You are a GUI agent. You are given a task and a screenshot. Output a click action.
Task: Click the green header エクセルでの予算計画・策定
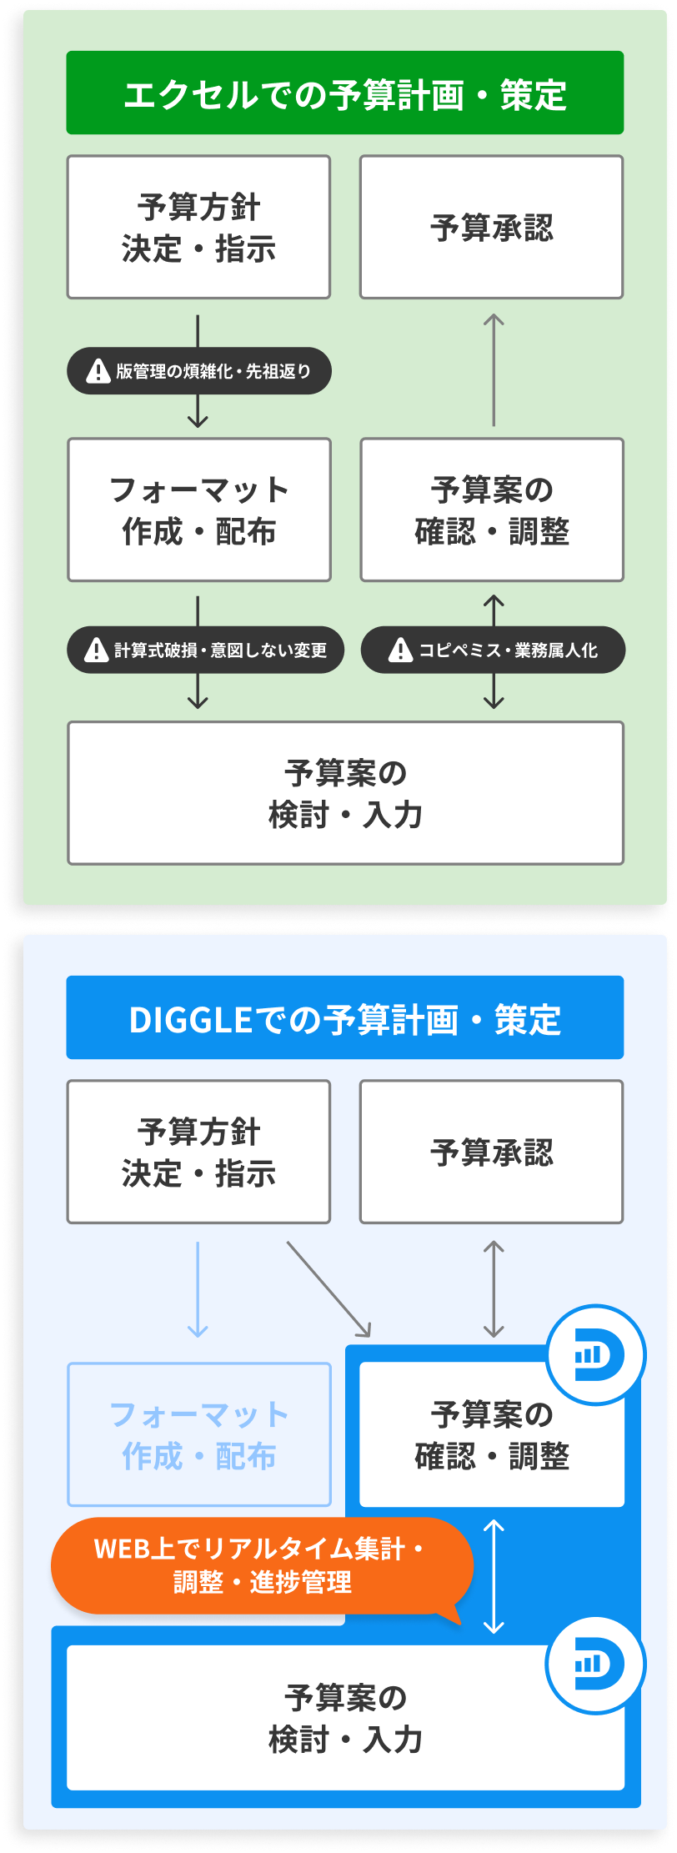(344, 93)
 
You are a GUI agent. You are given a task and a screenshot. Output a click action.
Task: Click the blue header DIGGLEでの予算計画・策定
(344, 1017)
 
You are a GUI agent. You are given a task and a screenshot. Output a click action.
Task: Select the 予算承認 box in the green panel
(491, 227)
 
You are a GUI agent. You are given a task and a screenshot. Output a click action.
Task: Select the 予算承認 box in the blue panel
(491, 1152)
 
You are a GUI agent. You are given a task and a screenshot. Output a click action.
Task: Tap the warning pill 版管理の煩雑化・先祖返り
(199, 371)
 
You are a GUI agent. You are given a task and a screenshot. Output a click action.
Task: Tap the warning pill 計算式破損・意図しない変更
(205, 650)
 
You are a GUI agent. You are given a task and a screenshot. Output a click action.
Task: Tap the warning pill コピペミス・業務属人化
(493, 650)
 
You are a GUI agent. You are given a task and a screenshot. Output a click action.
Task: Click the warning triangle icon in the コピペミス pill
(401, 650)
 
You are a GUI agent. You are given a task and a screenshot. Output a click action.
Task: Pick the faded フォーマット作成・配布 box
(198, 1434)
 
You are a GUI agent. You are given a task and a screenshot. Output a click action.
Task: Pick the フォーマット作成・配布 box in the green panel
(198, 510)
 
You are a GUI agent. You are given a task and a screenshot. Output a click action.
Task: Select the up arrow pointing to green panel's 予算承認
(494, 369)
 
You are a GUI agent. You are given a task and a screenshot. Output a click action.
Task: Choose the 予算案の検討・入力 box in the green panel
(345, 792)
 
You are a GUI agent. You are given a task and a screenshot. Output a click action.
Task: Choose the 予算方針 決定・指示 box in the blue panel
(198, 1152)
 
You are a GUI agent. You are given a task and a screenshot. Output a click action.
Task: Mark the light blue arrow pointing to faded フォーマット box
(198, 1289)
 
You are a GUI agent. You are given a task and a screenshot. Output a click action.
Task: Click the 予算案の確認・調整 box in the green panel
(491, 510)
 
